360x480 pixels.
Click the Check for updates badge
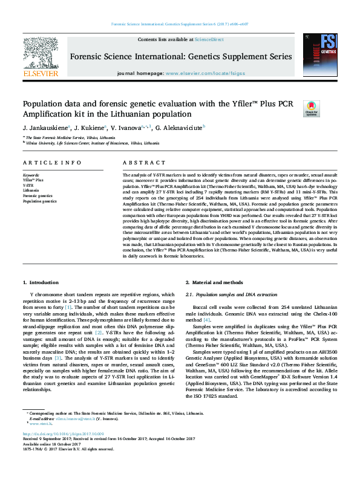[311, 108]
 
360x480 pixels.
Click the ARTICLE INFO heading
[52, 163]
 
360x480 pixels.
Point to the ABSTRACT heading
[142, 163]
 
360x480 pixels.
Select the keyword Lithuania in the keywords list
[32, 190]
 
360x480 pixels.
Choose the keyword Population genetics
[40, 201]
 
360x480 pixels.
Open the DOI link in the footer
[64, 434]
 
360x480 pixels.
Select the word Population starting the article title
[44, 103]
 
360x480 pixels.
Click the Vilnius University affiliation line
[91, 144]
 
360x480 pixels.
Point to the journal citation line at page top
[180, 24]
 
